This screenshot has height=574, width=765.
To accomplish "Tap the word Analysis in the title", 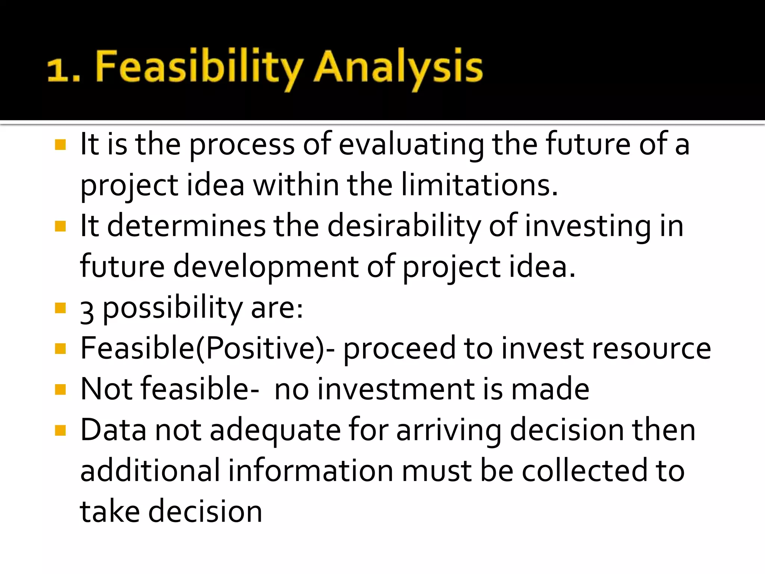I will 398,67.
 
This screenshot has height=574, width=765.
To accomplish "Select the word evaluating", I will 411,145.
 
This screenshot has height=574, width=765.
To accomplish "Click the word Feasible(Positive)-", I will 208,348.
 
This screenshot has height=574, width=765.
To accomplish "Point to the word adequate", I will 275,430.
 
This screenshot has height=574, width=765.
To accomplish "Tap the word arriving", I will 449,430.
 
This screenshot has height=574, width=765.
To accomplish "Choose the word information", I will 310,471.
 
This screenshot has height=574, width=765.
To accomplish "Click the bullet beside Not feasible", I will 60,389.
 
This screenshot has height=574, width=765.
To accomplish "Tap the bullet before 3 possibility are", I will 60,308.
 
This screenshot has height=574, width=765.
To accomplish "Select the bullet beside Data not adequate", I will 60,430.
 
